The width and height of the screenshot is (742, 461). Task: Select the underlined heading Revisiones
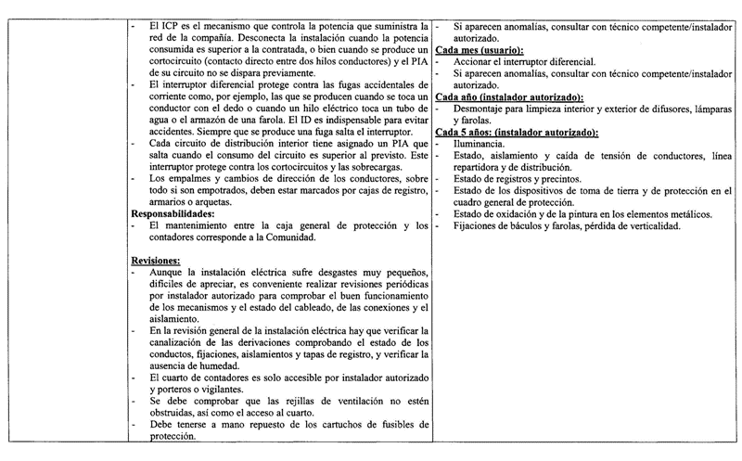(155, 261)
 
